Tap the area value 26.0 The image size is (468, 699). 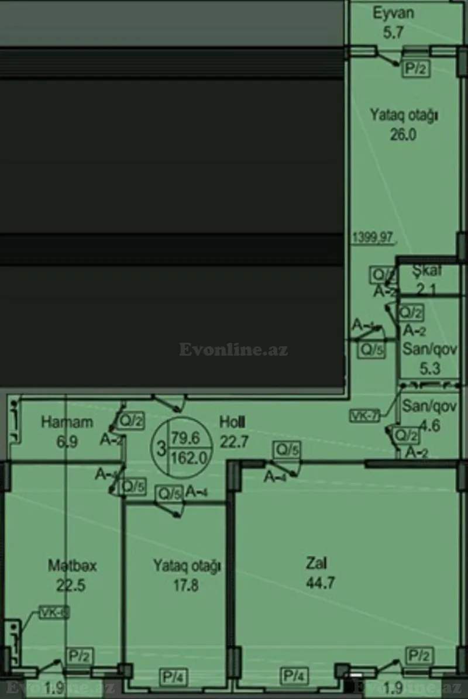click(403, 135)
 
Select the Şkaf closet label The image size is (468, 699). click(427, 271)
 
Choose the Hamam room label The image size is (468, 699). click(67, 422)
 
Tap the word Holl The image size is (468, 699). click(232, 422)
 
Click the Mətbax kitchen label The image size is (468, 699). click(73, 566)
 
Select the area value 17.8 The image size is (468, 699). click(185, 586)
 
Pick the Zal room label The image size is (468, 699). click(316, 563)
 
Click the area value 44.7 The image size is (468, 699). click(319, 583)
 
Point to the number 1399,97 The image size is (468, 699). click(373, 237)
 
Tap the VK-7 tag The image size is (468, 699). click(364, 416)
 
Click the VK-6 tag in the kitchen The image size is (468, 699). click(54, 613)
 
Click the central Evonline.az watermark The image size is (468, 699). click(233, 350)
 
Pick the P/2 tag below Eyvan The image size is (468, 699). click(417, 70)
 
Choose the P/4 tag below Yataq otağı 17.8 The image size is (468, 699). click(174, 677)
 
